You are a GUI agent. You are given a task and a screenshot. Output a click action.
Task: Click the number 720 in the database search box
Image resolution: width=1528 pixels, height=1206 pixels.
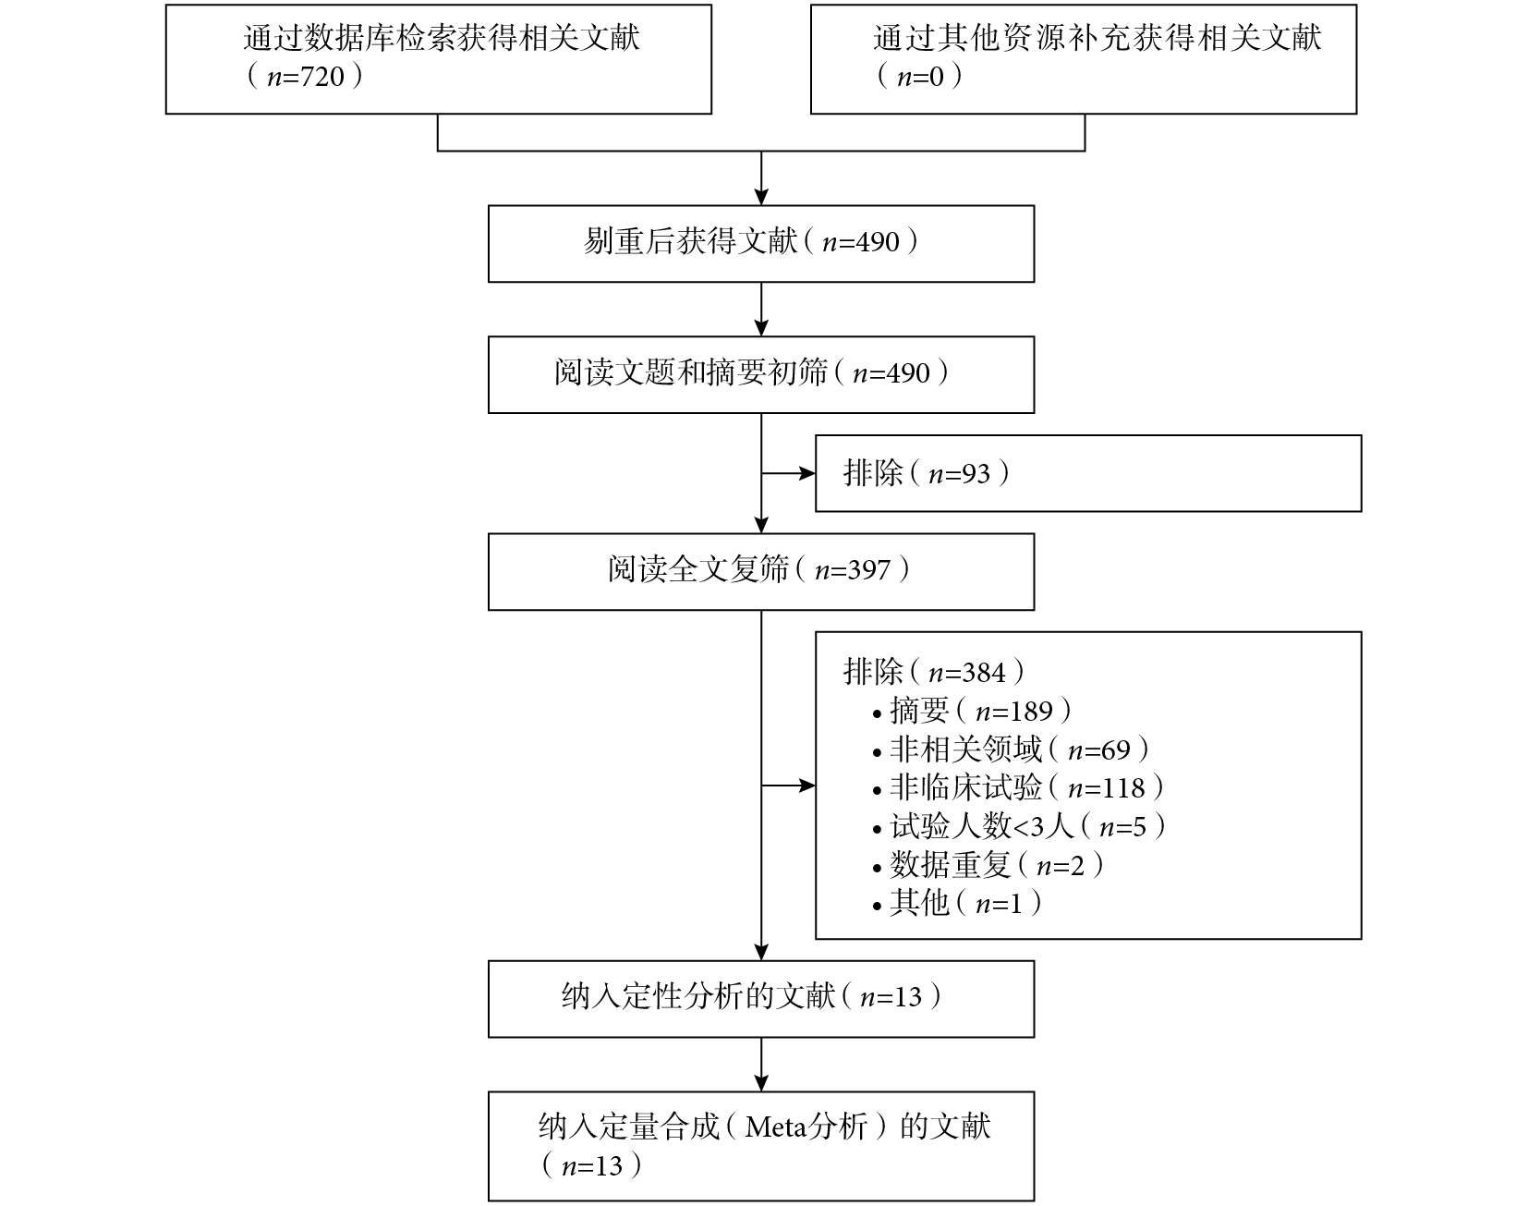(323, 77)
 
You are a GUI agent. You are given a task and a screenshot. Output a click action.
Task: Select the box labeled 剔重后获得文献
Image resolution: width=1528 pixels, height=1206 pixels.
(761, 244)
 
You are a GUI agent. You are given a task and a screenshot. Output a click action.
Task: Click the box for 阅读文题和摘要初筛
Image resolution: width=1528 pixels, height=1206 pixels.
(761, 374)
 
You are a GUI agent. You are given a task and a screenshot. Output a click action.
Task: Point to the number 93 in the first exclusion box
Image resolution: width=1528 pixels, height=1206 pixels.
(976, 474)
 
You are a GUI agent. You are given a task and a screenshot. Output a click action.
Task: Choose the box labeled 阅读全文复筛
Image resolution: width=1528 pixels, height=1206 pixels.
(761, 571)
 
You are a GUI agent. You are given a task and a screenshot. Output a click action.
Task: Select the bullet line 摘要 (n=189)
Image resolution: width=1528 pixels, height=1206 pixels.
(972, 711)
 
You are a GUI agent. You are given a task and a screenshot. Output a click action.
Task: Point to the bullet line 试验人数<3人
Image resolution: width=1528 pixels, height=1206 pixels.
(1019, 826)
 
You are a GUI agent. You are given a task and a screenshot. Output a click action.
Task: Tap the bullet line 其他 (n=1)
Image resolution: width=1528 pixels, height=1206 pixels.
(957, 903)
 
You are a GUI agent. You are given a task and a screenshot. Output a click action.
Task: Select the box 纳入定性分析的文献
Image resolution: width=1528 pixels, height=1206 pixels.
(761, 999)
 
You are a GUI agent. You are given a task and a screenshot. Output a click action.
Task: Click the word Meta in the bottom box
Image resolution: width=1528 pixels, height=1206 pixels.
(776, 1127)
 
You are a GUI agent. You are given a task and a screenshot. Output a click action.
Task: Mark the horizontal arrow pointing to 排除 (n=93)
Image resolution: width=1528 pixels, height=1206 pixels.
(788, 474)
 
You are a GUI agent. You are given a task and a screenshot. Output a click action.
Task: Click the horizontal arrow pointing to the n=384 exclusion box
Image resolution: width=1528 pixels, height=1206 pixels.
(788, 786)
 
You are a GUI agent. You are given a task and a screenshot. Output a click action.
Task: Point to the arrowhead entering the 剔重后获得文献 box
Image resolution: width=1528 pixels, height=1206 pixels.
(761, 197)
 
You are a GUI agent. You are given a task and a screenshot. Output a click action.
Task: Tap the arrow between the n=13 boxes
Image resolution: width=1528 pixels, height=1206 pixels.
(761, 1065)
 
